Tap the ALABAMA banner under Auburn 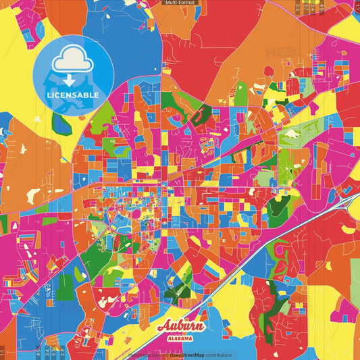180,337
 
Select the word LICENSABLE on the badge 73,95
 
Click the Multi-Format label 180,3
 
